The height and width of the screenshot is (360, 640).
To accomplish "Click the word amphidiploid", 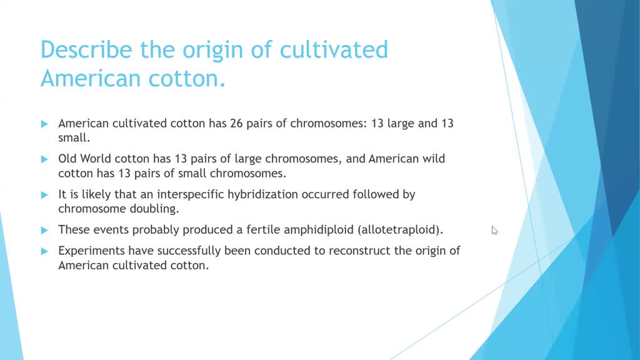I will click(319, 230).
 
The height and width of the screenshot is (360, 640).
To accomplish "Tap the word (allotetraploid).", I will click(401, 230).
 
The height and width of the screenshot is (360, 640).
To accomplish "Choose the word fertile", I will click(263, 230).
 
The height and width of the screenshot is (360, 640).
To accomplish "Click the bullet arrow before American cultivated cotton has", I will click(44, 124).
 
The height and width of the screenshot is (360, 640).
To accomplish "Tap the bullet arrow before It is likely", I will click(44, 194).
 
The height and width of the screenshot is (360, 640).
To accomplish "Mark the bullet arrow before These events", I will click(44, 230).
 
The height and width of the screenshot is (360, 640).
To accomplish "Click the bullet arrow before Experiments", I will click(44, 251).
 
